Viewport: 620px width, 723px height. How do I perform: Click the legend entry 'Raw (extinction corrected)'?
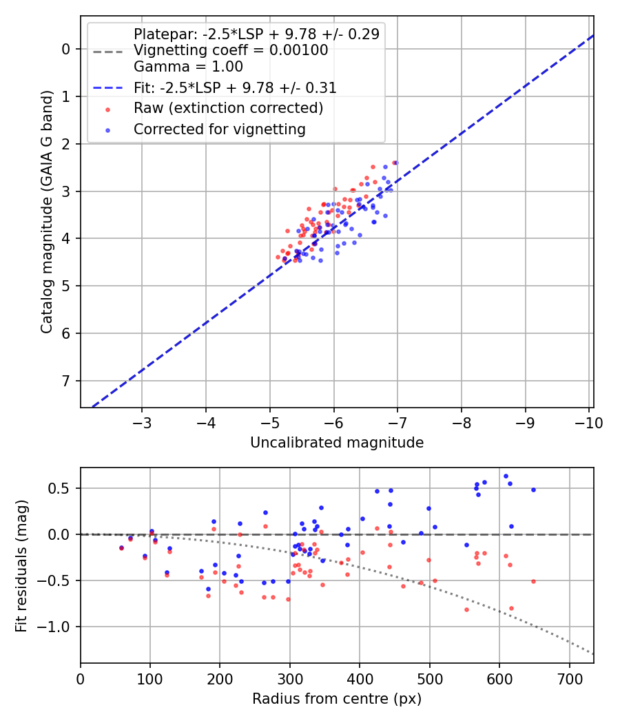pyautogui.click(x=228, y=108)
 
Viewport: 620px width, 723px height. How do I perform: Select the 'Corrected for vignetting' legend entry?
pyautogui.click(x=220, y=129)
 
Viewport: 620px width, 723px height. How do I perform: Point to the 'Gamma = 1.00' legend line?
pyautogui.click(x=188, y=67)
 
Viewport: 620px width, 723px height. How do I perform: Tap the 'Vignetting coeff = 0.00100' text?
pyautogui.click(x=231, y=50)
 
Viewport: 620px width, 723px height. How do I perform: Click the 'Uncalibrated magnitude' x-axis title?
pyautogui.click(x=337, y=443)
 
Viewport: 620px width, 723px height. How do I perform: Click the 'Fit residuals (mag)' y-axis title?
pyautogui.click(x=21, y=565)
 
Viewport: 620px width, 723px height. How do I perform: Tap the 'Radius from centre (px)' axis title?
pyautogui.click(x=337, y=699)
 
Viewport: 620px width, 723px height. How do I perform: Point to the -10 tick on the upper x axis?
pyautogui.click(x=589, y=422)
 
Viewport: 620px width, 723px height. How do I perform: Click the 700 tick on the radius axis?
pyautogui.click(x=569, y=678)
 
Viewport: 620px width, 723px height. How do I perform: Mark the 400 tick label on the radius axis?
pyautogui.click(x=360, y=678)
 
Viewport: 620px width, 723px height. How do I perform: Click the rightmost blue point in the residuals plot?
pyautogui.click(x=533, y=490)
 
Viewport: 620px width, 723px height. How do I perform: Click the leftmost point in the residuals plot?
pyautogui.click(x=121, y=547)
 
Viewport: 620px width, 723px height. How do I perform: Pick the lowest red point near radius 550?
pyautogui.click(x=466, y=609)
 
